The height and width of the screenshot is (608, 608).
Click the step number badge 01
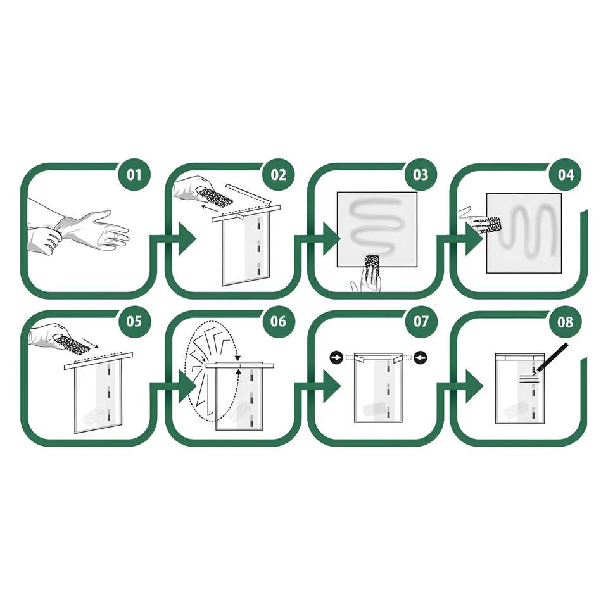point(134,175)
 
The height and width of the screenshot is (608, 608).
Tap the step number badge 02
point(279,175)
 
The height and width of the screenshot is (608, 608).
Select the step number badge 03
point(421,175)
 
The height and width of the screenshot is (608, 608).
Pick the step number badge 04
point(566,175)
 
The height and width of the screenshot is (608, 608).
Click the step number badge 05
point(134,322)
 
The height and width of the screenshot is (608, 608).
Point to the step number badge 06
point(279,322)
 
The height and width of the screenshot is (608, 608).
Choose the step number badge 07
point(421,322)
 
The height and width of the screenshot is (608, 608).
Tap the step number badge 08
point(566,322)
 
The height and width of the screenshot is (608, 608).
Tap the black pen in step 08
point(552,357)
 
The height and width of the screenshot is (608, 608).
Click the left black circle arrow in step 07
point(336,357)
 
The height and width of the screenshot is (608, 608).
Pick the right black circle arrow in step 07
point(421,357)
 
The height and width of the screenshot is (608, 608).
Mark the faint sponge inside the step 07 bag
point(374,409)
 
